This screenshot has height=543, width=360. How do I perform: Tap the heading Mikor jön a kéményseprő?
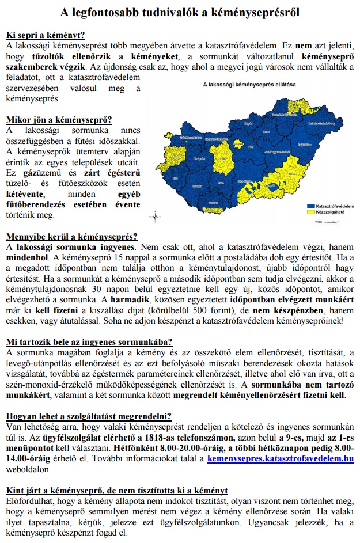click(x=59, y=120)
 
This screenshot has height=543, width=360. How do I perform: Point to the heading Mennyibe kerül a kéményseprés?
click(x=72, y=236)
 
